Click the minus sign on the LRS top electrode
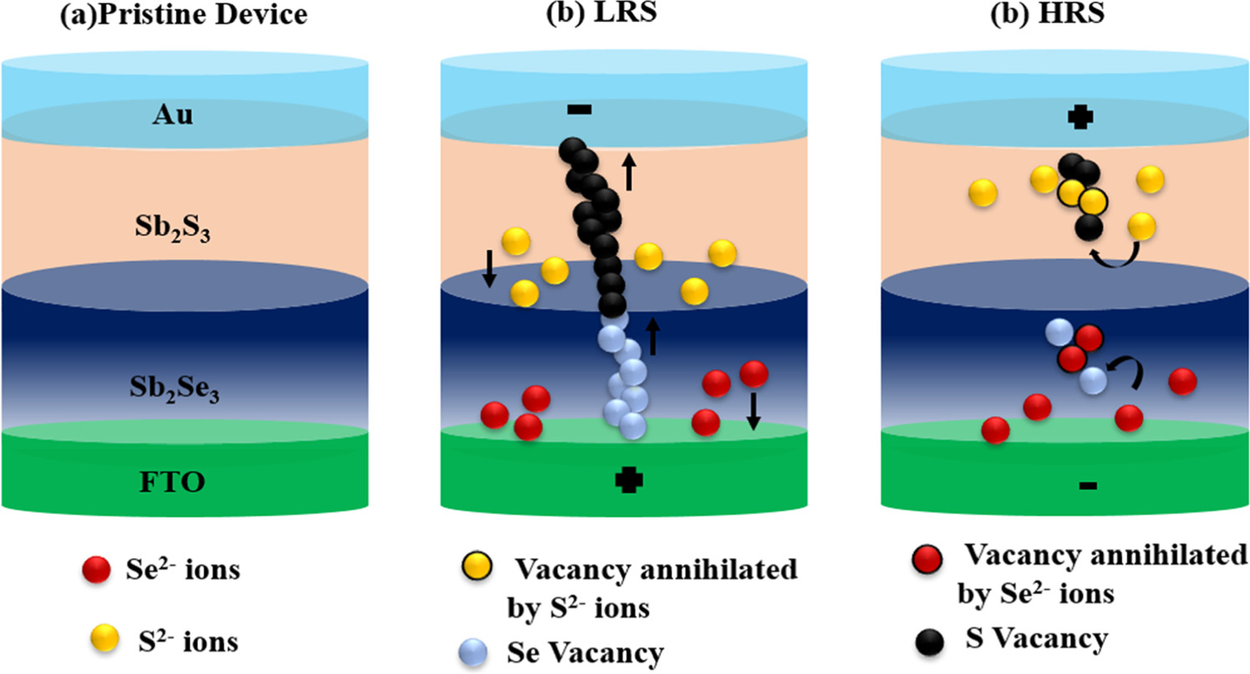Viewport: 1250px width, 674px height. [x=579, y=109]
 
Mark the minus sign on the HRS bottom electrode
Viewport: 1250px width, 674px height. [x=1087, y=484]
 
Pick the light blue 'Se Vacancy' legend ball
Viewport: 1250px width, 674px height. [x=474, y=650]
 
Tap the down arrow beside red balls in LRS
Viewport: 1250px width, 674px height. [x=753, y=411]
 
